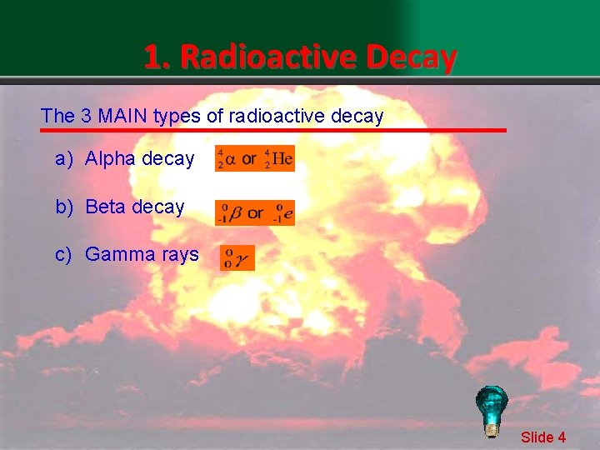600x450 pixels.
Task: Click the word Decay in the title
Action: (x=411, y=57)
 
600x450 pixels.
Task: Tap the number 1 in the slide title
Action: (x=152, y=57)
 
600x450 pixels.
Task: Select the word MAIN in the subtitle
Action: (x=122, y=116)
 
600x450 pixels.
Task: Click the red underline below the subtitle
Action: (x=275, y=131)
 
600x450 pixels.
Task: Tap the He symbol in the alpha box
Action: (x=282, y=159)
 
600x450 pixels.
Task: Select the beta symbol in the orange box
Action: (x=235, y=213)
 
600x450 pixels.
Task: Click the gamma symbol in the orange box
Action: (x=242, y=260)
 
